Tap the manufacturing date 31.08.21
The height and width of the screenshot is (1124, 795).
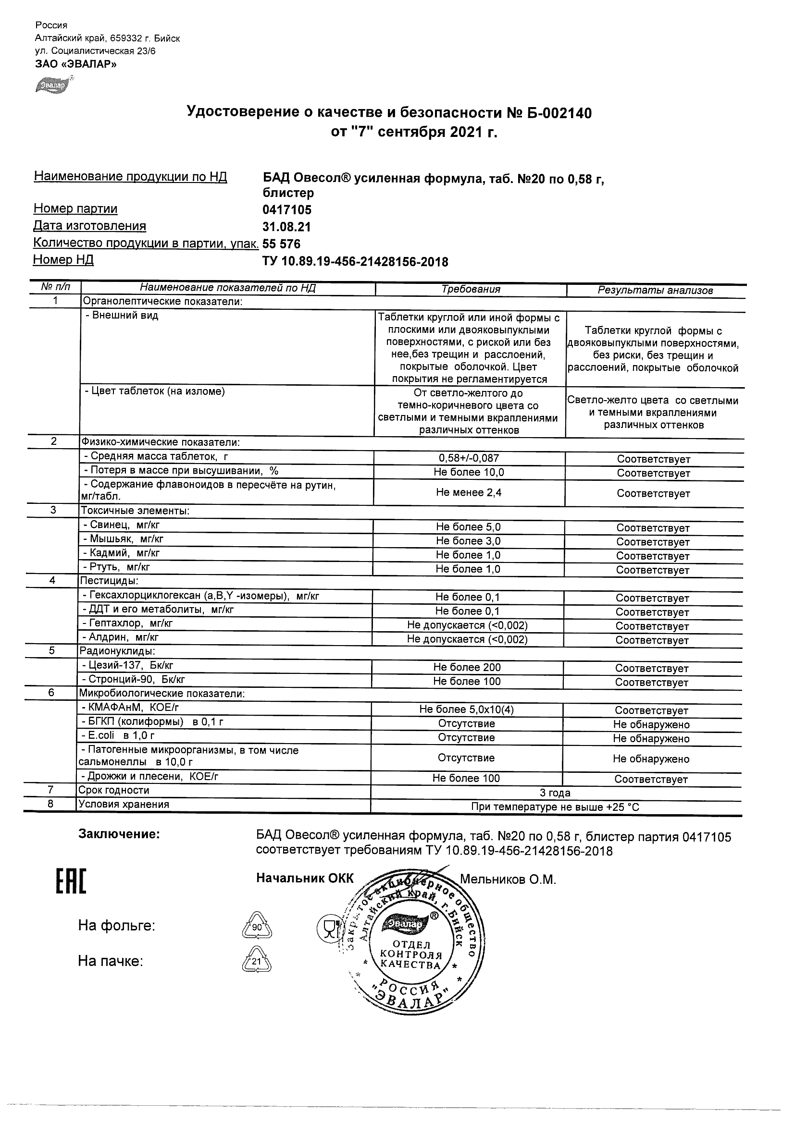(x=287, y=227)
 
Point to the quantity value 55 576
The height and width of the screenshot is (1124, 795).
(x=282, y=244)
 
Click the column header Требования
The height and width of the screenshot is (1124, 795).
(x=471, y=289)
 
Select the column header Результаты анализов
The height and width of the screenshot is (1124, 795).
(x=655, y=290)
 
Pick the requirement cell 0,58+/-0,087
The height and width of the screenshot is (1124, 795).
(x=469, y=458)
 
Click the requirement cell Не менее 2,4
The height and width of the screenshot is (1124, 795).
(x=469, y=492)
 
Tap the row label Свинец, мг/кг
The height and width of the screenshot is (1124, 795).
(x=124, y=525)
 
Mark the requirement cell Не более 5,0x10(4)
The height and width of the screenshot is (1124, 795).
(x=466, y=709)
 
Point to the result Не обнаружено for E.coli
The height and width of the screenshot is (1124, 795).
(x=651, y=739)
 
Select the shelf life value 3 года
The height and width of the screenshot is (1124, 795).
(x=555, y=793)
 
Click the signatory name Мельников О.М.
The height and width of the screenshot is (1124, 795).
(x=508, y=880)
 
